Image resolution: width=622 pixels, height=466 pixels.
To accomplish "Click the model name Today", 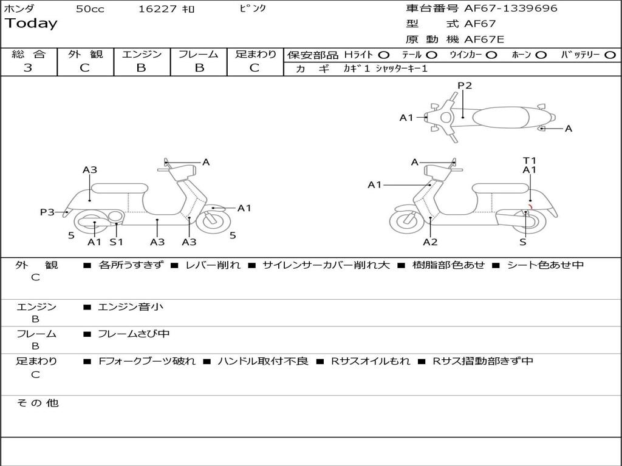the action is tap(31, 24).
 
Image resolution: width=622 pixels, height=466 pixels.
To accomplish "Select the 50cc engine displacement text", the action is tap(89, 9).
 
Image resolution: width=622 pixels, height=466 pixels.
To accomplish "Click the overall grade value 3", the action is tap(28, 68).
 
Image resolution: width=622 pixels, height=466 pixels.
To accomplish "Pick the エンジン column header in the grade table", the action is tap(142, 55).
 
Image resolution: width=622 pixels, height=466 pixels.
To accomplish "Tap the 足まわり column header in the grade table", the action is tap(256, 55).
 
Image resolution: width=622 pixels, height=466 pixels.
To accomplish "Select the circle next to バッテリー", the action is tap(610, 55).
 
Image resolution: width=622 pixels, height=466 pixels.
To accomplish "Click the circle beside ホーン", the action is tap(541, 55).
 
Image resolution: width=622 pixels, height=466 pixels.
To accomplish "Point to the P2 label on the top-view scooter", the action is tap(465, 86).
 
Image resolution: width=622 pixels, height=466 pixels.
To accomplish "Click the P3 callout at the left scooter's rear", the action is tap(47, 212).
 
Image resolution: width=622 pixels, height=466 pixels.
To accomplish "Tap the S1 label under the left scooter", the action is tap(116, 242).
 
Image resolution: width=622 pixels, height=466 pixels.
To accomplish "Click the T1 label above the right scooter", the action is tap(530, 161).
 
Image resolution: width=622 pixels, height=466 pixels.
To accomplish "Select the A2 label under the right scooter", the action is tap(430, 242).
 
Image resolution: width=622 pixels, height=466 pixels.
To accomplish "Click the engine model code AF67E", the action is tap(484, 39).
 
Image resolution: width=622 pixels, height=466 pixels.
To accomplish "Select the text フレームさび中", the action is tap(134, 334).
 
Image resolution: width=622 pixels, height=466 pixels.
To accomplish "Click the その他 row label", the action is tap(38, 403).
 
